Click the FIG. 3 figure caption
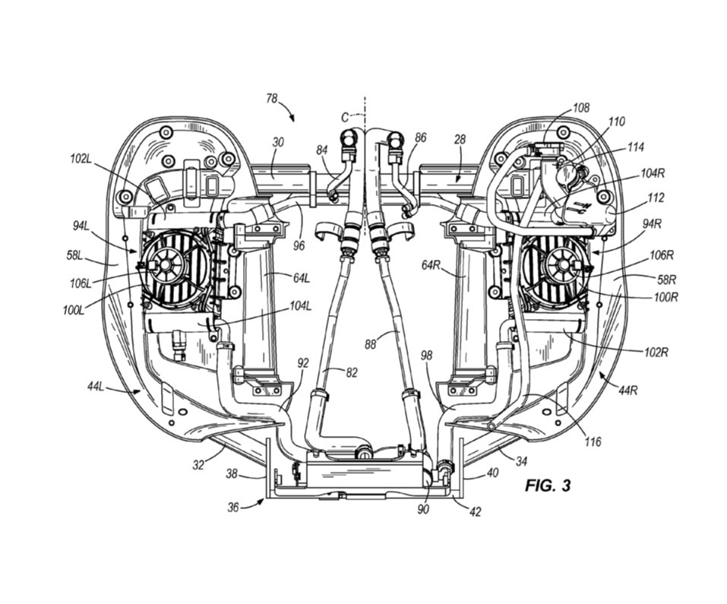[x=548, y=485]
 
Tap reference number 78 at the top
[x=272, y=99]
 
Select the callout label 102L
[x=81, y=159]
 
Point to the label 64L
[x=301, y=278]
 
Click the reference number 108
[x=581, y=108]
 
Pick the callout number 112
[x=656, y=198]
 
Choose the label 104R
[x=654, y=173]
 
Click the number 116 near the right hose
[x=593, y=441]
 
